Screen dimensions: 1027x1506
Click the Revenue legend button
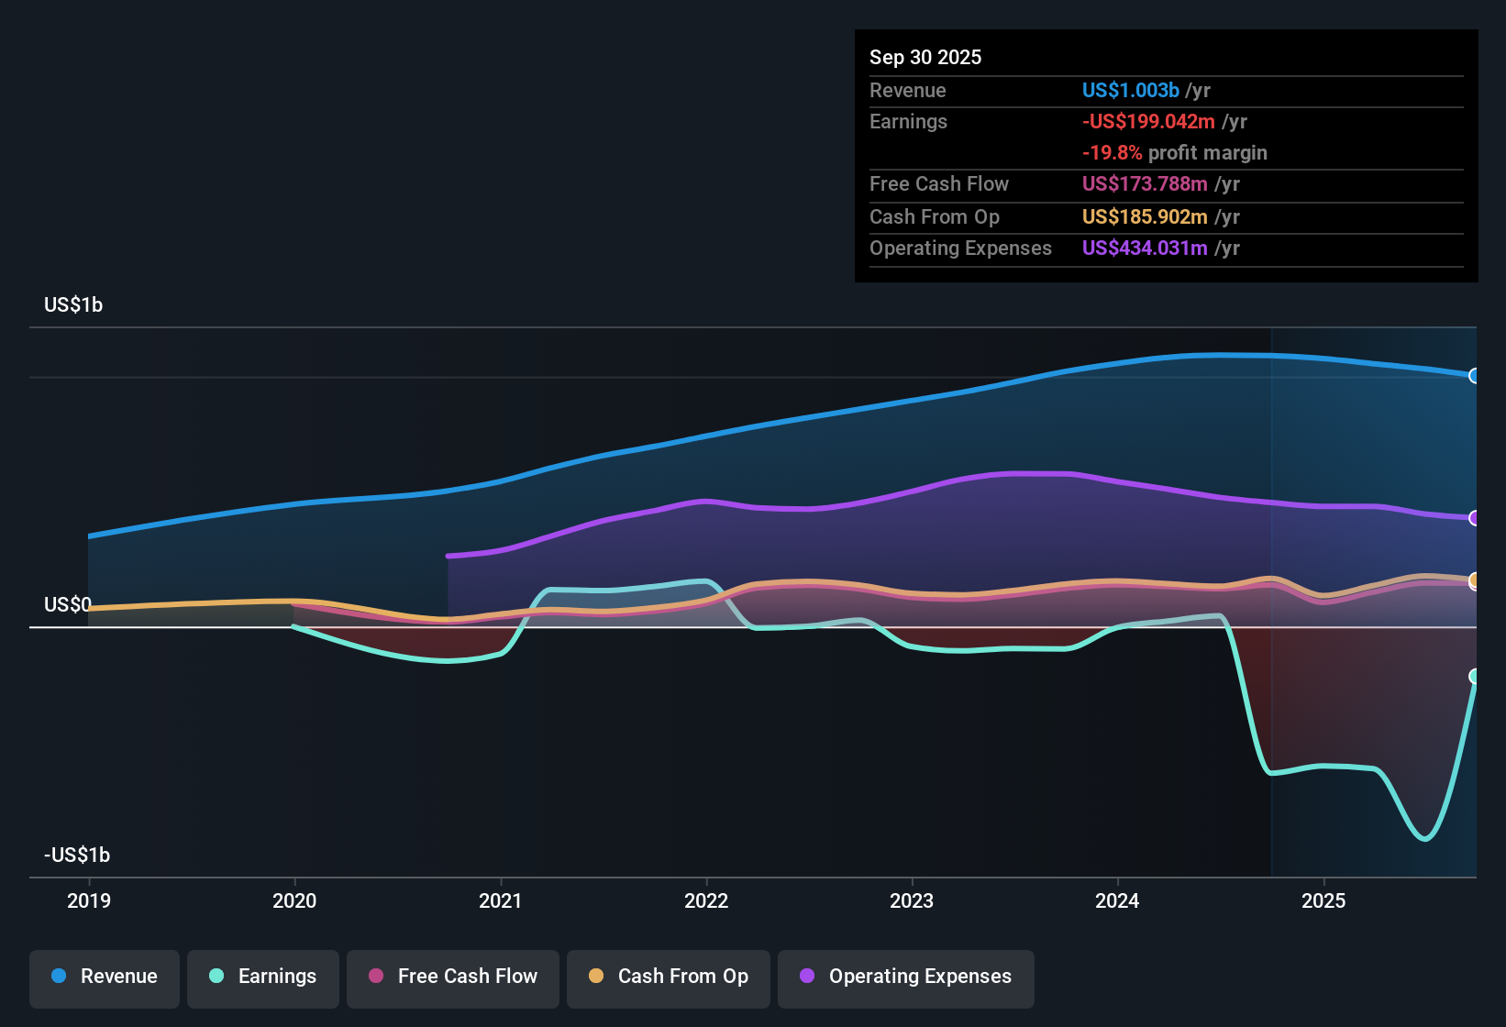pos(105,977)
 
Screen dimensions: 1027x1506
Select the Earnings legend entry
pos(263,977)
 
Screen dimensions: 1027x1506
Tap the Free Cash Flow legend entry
pos(453,977)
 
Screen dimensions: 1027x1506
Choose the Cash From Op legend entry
pos(669,977)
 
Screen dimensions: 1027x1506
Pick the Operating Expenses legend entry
pos(906,977)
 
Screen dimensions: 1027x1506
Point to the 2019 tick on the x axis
pos(89,900)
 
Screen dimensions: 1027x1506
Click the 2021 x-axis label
pos(501,900)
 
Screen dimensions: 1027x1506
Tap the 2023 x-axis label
pos(912,900)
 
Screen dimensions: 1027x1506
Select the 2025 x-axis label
pos(1323,900)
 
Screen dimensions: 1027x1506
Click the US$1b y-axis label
pos(73,305)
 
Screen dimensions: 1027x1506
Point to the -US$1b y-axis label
pos(77,856)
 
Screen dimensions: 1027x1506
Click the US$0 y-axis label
pos(68,605)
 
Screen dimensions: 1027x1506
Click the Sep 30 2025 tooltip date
pos(925,57)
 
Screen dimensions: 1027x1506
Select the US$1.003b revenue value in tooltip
pos(1130,90)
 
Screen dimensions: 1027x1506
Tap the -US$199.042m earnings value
pos(1148,122)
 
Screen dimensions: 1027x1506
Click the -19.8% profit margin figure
pos(1112,153)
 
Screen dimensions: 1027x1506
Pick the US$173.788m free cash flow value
pos(1145,184)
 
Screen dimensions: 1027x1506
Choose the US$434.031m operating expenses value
pos(1145,248)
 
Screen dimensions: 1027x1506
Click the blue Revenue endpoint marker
pos(1474,376)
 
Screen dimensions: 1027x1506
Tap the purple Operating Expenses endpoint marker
pos(1474,518)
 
